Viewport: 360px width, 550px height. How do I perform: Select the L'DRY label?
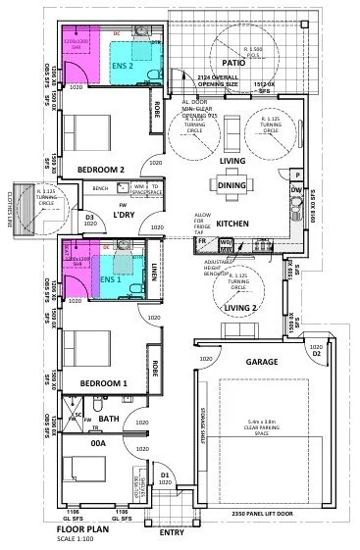pyautogui.click(x=123, y=214)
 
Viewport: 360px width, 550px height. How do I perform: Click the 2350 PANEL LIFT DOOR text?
pyautogui.click(x=263, y=513)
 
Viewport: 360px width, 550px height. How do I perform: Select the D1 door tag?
pyautogui.click(x=165, y=476)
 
